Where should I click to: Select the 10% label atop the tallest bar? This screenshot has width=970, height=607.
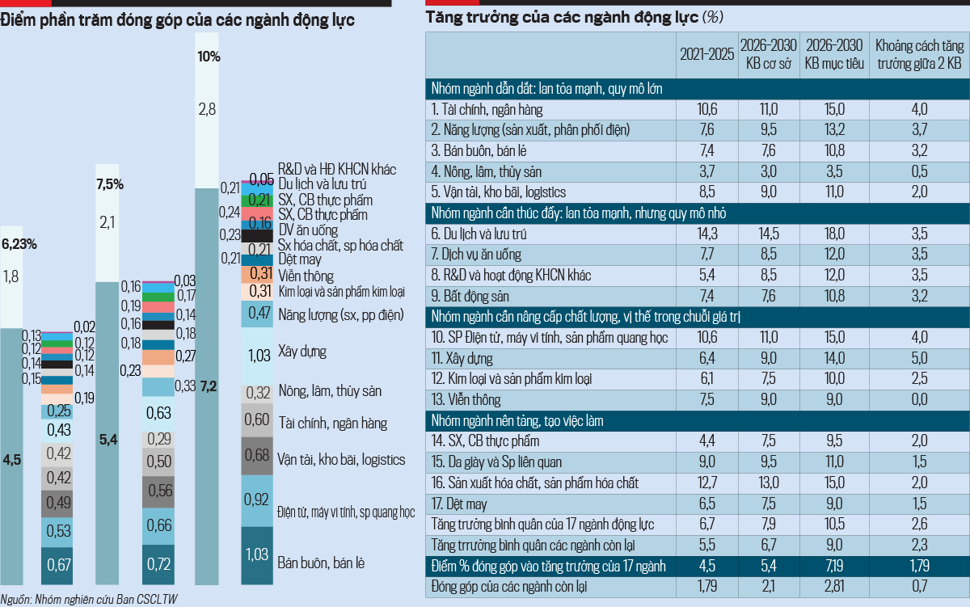208,57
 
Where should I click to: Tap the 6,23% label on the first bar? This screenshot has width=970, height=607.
19,242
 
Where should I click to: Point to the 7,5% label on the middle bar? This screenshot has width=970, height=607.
109,184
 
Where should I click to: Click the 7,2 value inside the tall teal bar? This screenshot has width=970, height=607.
209,386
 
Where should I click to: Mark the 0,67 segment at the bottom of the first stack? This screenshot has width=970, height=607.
58,563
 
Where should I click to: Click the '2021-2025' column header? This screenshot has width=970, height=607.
706,55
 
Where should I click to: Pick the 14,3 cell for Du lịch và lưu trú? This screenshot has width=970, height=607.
706,234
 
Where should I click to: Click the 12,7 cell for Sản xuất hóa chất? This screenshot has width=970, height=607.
706,483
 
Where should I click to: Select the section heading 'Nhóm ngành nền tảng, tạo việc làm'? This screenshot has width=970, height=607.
517,420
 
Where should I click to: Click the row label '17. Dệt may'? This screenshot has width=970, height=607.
459,504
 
